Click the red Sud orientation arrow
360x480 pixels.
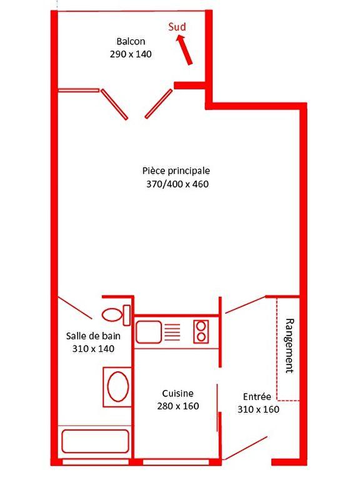[x=184, y=50]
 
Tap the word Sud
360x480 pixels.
[x=177, y=27]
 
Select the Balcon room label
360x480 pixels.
[x=131, y=41]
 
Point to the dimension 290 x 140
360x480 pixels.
[x=131, y=54]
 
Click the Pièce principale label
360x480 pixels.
[x=176, y=171]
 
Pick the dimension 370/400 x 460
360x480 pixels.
[x=176, y=184]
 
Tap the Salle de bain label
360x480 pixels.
[x=94, y=336]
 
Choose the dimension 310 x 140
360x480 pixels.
[x=94, y=349]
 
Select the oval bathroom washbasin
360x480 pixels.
[x=117, y=387]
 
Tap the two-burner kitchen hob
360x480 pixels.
[x=201, y=331]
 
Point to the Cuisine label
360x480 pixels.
[x=177, y=393]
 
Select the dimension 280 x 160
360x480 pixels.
[x=177, y=406]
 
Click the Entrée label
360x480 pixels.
[x=257, y=396]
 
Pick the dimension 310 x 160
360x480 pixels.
[x=258, y=409]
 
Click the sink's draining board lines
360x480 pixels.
[x=172, y=332]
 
